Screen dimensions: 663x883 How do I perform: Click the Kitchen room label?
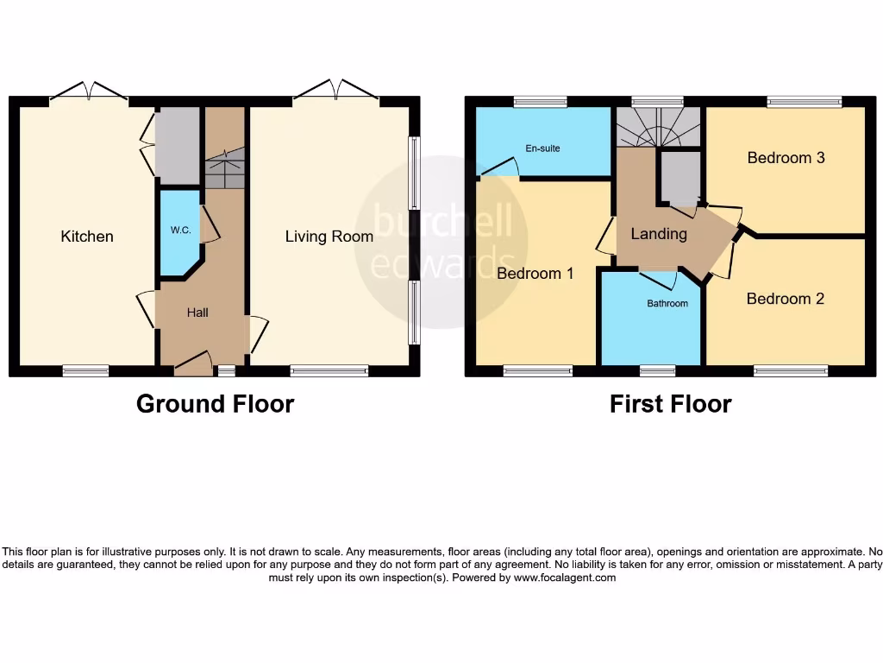87,237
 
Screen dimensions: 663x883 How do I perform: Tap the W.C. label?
181,230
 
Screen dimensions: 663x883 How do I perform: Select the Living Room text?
329,237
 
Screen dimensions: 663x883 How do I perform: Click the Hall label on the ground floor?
197,313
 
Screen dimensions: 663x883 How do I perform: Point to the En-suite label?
543,148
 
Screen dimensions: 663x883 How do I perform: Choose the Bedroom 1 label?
535,274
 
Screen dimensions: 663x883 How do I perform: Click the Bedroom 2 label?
786,299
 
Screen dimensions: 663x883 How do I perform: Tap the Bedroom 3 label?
786,158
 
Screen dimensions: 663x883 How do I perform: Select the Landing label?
659,234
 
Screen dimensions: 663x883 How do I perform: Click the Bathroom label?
667,304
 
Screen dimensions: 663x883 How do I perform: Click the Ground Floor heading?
215,404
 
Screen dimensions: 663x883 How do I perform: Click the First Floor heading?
670,404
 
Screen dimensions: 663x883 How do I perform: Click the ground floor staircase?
225,168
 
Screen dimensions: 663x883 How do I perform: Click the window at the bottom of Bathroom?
657,371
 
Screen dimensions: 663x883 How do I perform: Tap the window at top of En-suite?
540,102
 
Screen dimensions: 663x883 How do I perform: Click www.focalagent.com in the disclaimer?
565,578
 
